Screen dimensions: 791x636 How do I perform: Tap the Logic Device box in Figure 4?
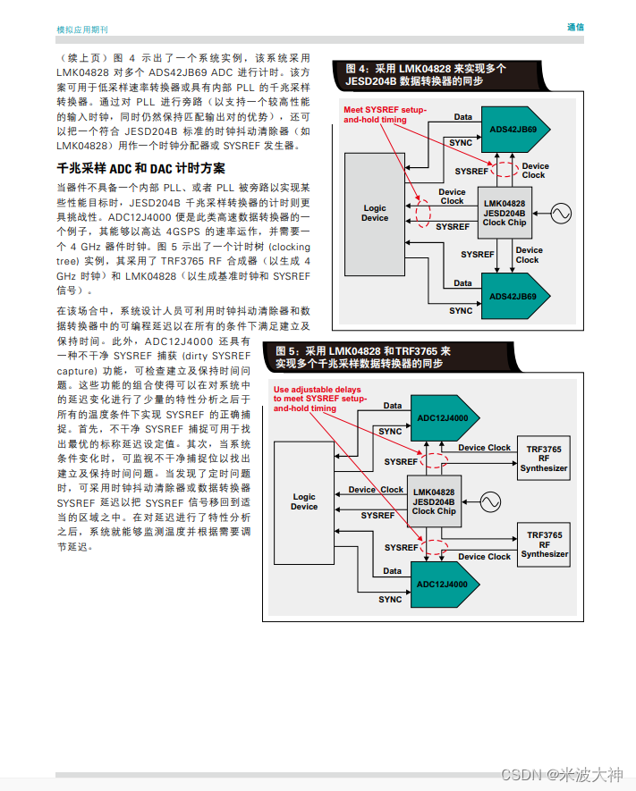375,213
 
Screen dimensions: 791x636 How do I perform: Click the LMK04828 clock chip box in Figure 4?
505,213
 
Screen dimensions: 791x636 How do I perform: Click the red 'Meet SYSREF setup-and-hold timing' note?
386,114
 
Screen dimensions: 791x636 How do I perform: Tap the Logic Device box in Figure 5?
304,501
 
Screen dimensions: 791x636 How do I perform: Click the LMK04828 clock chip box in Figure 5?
434,501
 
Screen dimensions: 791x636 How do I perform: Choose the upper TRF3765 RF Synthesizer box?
544,458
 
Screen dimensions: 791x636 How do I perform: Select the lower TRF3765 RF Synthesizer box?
544,544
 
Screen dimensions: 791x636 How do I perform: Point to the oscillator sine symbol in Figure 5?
490,501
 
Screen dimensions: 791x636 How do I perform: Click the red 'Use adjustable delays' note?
318,399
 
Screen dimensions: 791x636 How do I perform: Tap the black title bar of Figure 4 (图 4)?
421,74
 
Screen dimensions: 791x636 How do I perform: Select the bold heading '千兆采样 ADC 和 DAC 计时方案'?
140,168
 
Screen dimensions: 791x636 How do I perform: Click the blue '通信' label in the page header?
575,27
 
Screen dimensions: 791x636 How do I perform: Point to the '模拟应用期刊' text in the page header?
82,29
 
